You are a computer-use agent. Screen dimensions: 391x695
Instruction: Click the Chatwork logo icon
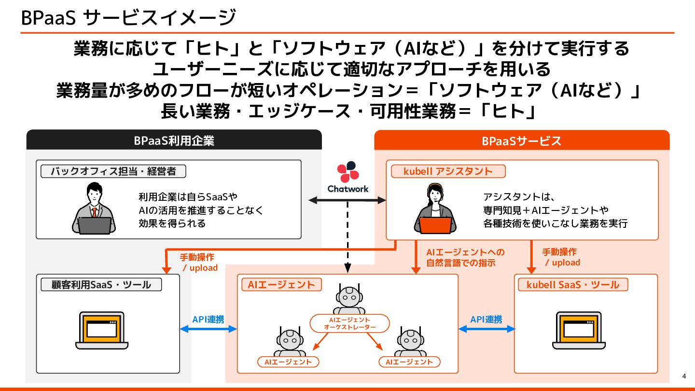347,171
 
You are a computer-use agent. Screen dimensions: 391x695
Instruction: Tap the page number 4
684,376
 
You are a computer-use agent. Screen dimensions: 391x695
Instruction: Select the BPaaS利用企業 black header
174,140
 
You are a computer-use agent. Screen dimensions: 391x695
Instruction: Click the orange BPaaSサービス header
522,140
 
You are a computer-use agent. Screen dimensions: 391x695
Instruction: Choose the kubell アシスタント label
448,171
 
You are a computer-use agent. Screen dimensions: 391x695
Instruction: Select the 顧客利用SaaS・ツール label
101,285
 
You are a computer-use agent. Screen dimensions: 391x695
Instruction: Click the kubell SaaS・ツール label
572,285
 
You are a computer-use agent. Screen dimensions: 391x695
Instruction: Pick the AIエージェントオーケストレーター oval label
349,323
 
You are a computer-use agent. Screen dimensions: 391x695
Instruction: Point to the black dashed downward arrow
347,237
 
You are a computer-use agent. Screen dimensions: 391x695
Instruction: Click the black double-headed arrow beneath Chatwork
347,199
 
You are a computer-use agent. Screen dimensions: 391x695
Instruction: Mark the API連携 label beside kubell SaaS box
486,319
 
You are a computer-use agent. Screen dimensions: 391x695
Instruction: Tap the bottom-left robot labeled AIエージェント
289,342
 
